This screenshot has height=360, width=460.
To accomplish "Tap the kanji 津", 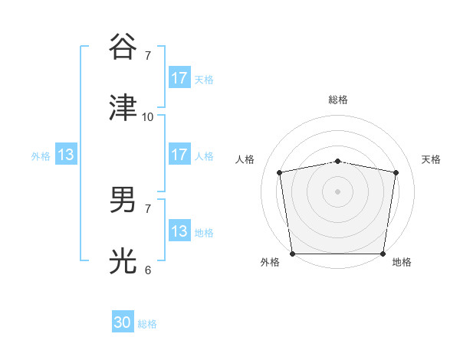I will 123,107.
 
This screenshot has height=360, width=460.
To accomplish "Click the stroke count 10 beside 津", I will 148,116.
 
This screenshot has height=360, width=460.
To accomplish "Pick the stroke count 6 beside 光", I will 148,270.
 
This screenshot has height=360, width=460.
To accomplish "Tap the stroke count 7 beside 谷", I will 148,55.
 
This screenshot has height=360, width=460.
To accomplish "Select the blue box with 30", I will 123,322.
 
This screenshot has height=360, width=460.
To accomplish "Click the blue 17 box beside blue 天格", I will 179,78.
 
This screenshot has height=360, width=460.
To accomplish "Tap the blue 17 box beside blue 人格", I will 179,155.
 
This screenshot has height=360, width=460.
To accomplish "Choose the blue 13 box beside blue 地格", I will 179,231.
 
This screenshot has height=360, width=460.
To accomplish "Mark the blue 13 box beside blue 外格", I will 66,155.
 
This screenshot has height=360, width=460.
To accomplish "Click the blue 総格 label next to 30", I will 147,324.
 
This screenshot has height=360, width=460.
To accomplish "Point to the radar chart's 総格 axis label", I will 338,100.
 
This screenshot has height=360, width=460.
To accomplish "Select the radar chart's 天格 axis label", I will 432,159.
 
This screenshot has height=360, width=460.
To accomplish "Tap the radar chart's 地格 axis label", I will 402,262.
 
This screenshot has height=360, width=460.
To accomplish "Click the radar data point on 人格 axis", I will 280,172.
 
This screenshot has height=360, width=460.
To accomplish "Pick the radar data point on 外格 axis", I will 292,254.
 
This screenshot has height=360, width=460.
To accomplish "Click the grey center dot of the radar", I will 338,191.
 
